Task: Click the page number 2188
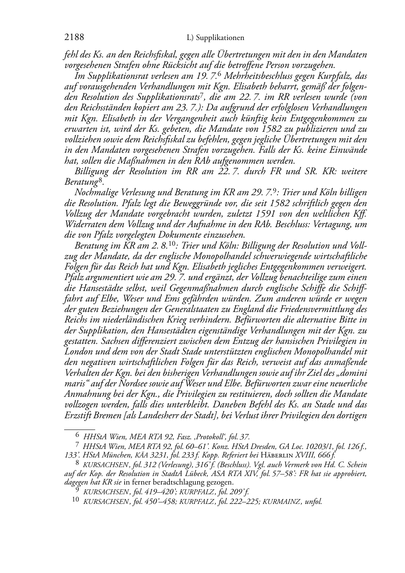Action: click(74, 38)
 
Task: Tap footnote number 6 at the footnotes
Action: click(78, 436)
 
